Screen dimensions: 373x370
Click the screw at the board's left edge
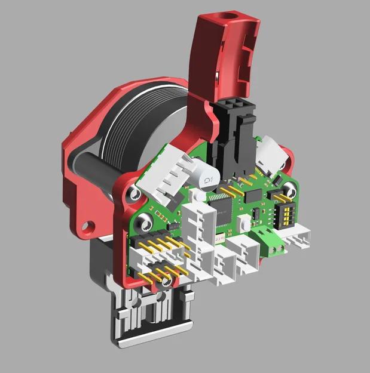(142, 224)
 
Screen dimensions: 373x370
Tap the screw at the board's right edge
(289, 191)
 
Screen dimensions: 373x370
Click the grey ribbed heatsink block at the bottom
(149, 322)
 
